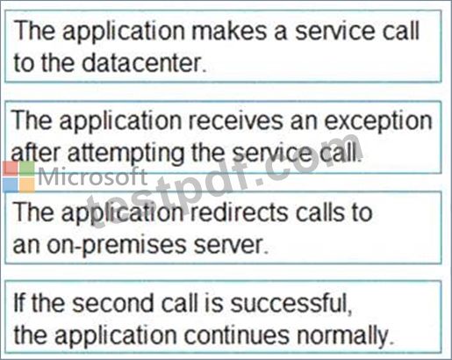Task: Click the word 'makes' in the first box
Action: pyautogui.click(x=229, y=31)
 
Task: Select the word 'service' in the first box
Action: pyautogui.click(x=335, y=31)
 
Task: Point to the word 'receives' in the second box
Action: pyautogui.click(x=235, y=120)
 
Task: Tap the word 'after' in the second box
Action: pyautogui.click(x=36, y=152)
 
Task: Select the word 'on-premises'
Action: pyautogui.click(x=117, y=246)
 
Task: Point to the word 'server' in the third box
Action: pyautogui.click(x=229, y=245)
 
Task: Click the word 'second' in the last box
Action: pyautogui.click(x=112, y=303)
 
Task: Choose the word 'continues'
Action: pyautogui.click(x=237, y=335)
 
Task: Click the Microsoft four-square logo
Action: pyautogui.click(x=18, y=176)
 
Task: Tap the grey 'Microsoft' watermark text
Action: pyautogui.click(x=92, y=176)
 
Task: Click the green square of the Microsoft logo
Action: pyautogui.click(x=27, y=169)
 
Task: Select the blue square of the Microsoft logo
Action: pyautogui.click(x=11, y=185)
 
